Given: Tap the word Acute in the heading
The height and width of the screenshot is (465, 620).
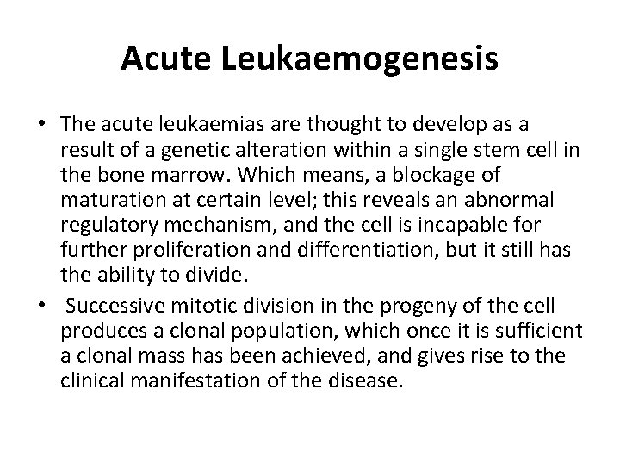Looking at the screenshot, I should pos(156,58).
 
